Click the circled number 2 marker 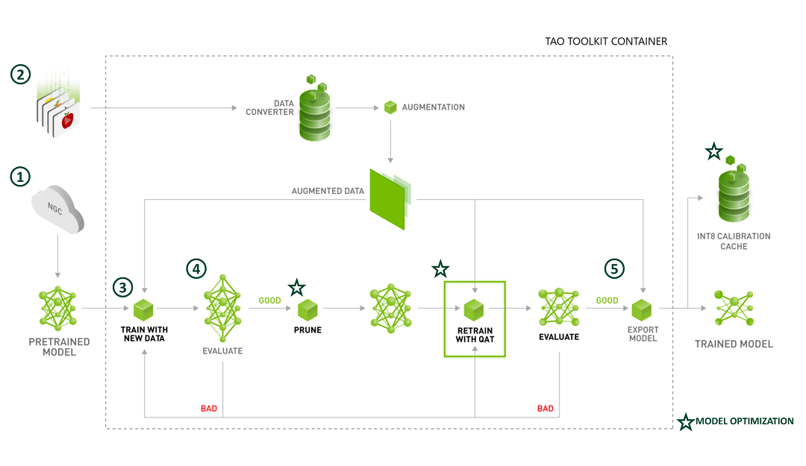click(x=21, y=75)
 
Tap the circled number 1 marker click(x=21, y=177)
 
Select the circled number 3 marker click(x=123, y=287)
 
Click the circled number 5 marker click(x=614, y=269)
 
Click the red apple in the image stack click(x=68, y=119)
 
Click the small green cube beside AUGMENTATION click(x=390, y=107)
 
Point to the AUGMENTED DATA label click(x=328, y=192)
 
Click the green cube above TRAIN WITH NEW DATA click(x=143, y=308)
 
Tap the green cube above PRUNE click(x=307, y=308)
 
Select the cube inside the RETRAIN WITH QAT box click(x=474, y=308)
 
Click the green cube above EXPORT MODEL click(x=642, y=308)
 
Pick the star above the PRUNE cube click(x=297, y=287)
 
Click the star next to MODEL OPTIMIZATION click(x=684, y=422)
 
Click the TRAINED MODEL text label click(x=734, y=344)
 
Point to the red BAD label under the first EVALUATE click(x=209, y=409)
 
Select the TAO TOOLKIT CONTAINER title click(x=606, y=41)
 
